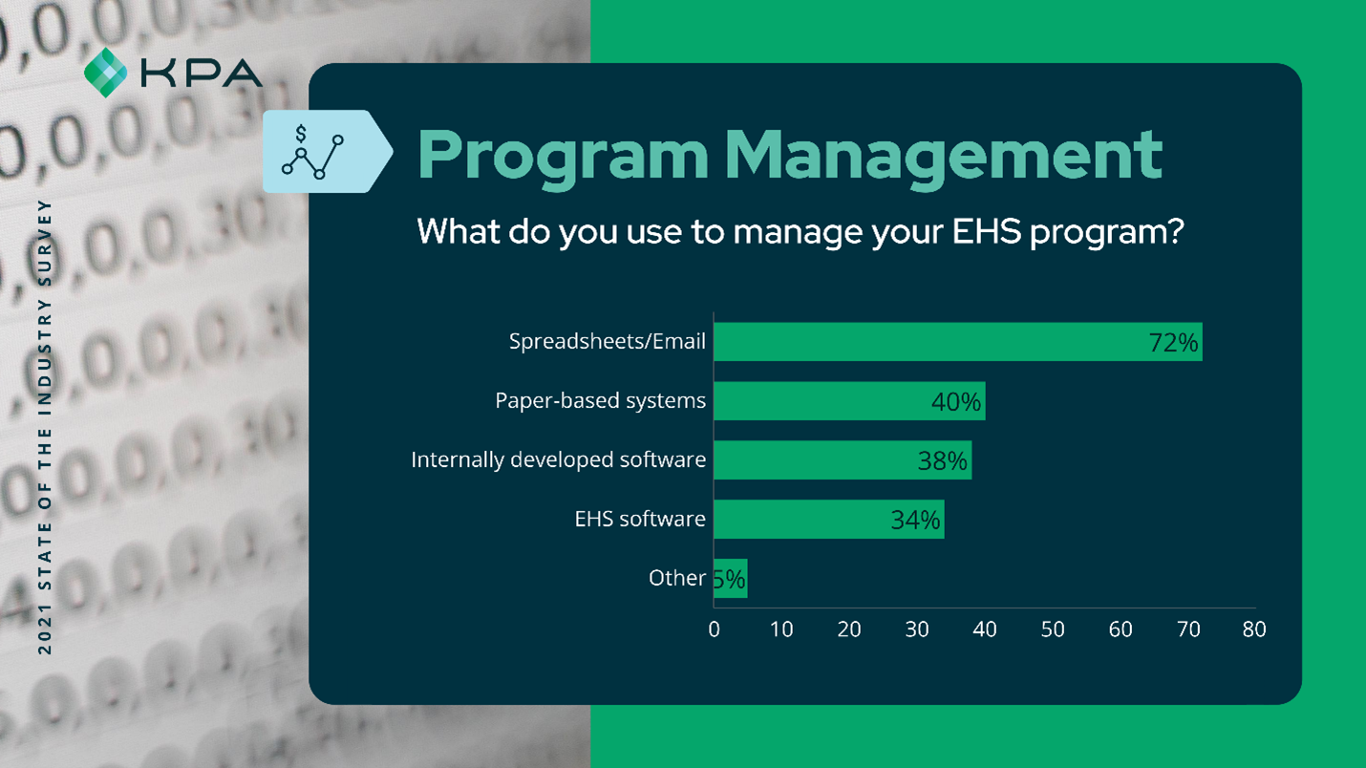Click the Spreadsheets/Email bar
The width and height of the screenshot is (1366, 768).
(x=958, y=342)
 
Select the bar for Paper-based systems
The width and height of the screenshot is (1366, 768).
(x=849, y=401)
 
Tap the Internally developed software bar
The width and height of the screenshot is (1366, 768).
(x=843, y=460)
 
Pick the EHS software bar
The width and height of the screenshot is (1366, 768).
(x=829, y=519)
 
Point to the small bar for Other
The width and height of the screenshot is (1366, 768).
(x=731, y=578)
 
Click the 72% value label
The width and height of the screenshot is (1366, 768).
(x=1173, y=343)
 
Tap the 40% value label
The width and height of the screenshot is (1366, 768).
(x=956, y=402)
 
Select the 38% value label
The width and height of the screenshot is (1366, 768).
(x=942, y=461)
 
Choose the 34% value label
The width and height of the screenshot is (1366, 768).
(x=915, y=521)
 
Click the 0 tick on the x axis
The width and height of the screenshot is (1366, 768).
(x=715, y=629)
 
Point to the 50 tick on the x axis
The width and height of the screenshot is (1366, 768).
(x=1053, y=629)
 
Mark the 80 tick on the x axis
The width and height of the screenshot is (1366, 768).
(x=1254, y=629)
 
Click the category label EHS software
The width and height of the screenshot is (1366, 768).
(x=640, y=519)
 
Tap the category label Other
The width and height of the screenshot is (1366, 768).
(x=677, y=578)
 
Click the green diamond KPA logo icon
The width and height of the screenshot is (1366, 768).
(x=105, y=73)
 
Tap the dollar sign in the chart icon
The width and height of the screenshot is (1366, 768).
(x=301, y=133)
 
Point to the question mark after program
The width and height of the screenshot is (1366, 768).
(x=1173, y=231)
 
